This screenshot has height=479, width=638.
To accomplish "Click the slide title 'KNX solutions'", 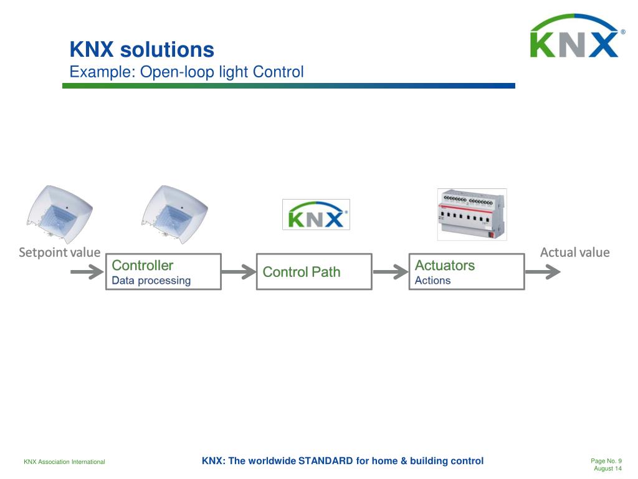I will (x=141, y=50).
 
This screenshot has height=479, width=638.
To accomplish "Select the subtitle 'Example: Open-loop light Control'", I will (x=186, y=72).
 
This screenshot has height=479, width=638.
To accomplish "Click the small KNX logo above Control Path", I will (x=316, y=215).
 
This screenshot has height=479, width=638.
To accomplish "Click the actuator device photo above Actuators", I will (x=472, y=214).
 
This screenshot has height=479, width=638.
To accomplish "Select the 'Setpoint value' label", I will (x=59, y=253).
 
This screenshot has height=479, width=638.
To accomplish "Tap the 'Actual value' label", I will (x=574, y=253).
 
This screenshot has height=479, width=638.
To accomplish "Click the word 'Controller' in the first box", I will (x=142, y=266).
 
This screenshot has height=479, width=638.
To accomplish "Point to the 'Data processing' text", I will (x=151, y=281).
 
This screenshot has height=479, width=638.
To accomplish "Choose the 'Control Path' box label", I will (x=302, y=272).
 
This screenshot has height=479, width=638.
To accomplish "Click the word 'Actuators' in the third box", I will (x=444, y=266).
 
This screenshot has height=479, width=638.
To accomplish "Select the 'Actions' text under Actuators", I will (x=432, y=281).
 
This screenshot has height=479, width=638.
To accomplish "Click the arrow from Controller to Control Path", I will (x=239, y=272).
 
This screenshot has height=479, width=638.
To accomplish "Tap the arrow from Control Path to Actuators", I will (x=390, y=272).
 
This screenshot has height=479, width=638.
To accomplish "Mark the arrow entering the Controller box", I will (x=87, y=272).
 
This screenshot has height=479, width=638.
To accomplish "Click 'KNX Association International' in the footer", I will (x=64, y=462).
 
